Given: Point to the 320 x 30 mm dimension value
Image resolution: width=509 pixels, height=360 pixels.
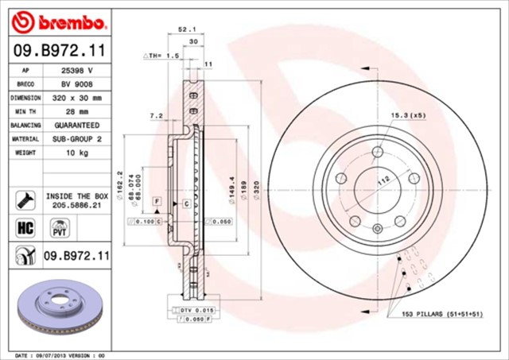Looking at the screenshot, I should pos(77,98).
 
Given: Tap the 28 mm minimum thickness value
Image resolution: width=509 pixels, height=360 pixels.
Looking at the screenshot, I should pos(77,111).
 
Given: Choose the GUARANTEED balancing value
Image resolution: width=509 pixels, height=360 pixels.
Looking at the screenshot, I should pos(77,126).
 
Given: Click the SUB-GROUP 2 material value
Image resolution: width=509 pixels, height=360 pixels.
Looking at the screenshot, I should pos(77,139).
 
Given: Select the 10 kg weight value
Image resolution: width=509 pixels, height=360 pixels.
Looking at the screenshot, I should pos(77,153).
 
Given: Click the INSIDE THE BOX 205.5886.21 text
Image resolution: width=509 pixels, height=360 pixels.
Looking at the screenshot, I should pos(77,199).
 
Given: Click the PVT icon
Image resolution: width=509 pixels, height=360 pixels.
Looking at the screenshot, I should pos(58,230).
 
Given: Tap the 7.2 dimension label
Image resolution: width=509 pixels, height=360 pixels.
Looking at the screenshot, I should pos(156,116).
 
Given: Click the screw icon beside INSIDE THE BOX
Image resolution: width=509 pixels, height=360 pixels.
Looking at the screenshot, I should pos(24,199).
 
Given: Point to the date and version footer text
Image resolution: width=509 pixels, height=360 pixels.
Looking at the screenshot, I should pos(61,354).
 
